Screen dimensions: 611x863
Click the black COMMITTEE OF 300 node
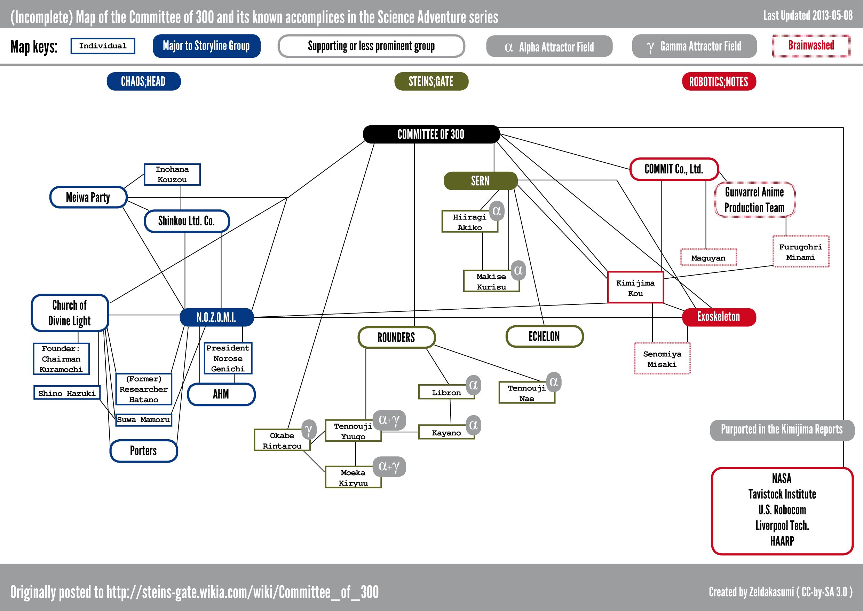click(x=431, y=134)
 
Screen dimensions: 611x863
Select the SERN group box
click(x=480, y=181)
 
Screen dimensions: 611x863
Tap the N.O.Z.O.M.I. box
click(x=216, y=317)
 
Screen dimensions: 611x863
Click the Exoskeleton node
click(x=718, y=317)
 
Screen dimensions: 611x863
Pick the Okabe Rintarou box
click(x=282, y=441)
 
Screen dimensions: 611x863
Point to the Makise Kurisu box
click(x=491, y=281)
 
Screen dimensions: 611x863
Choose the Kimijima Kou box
click(x=635, y=288)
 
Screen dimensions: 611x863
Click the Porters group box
click(x=143, y=451)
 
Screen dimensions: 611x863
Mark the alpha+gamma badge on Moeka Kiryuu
click(x=389, y=466)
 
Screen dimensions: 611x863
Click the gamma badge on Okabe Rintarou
click(x=309, y=430)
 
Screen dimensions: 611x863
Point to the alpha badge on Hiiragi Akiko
click(x=497, y=211)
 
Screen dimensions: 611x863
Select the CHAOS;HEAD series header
click(x=143, y=81)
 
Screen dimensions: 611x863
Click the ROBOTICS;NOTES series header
click(x=718, y=82)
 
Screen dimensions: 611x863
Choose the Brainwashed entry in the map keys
click(x=811, y=46)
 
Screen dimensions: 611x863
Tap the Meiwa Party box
click(x=88, y=197)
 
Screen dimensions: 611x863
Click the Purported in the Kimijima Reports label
click(x=782, y=430)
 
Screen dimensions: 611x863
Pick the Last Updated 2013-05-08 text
click(x=808, y=16)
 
